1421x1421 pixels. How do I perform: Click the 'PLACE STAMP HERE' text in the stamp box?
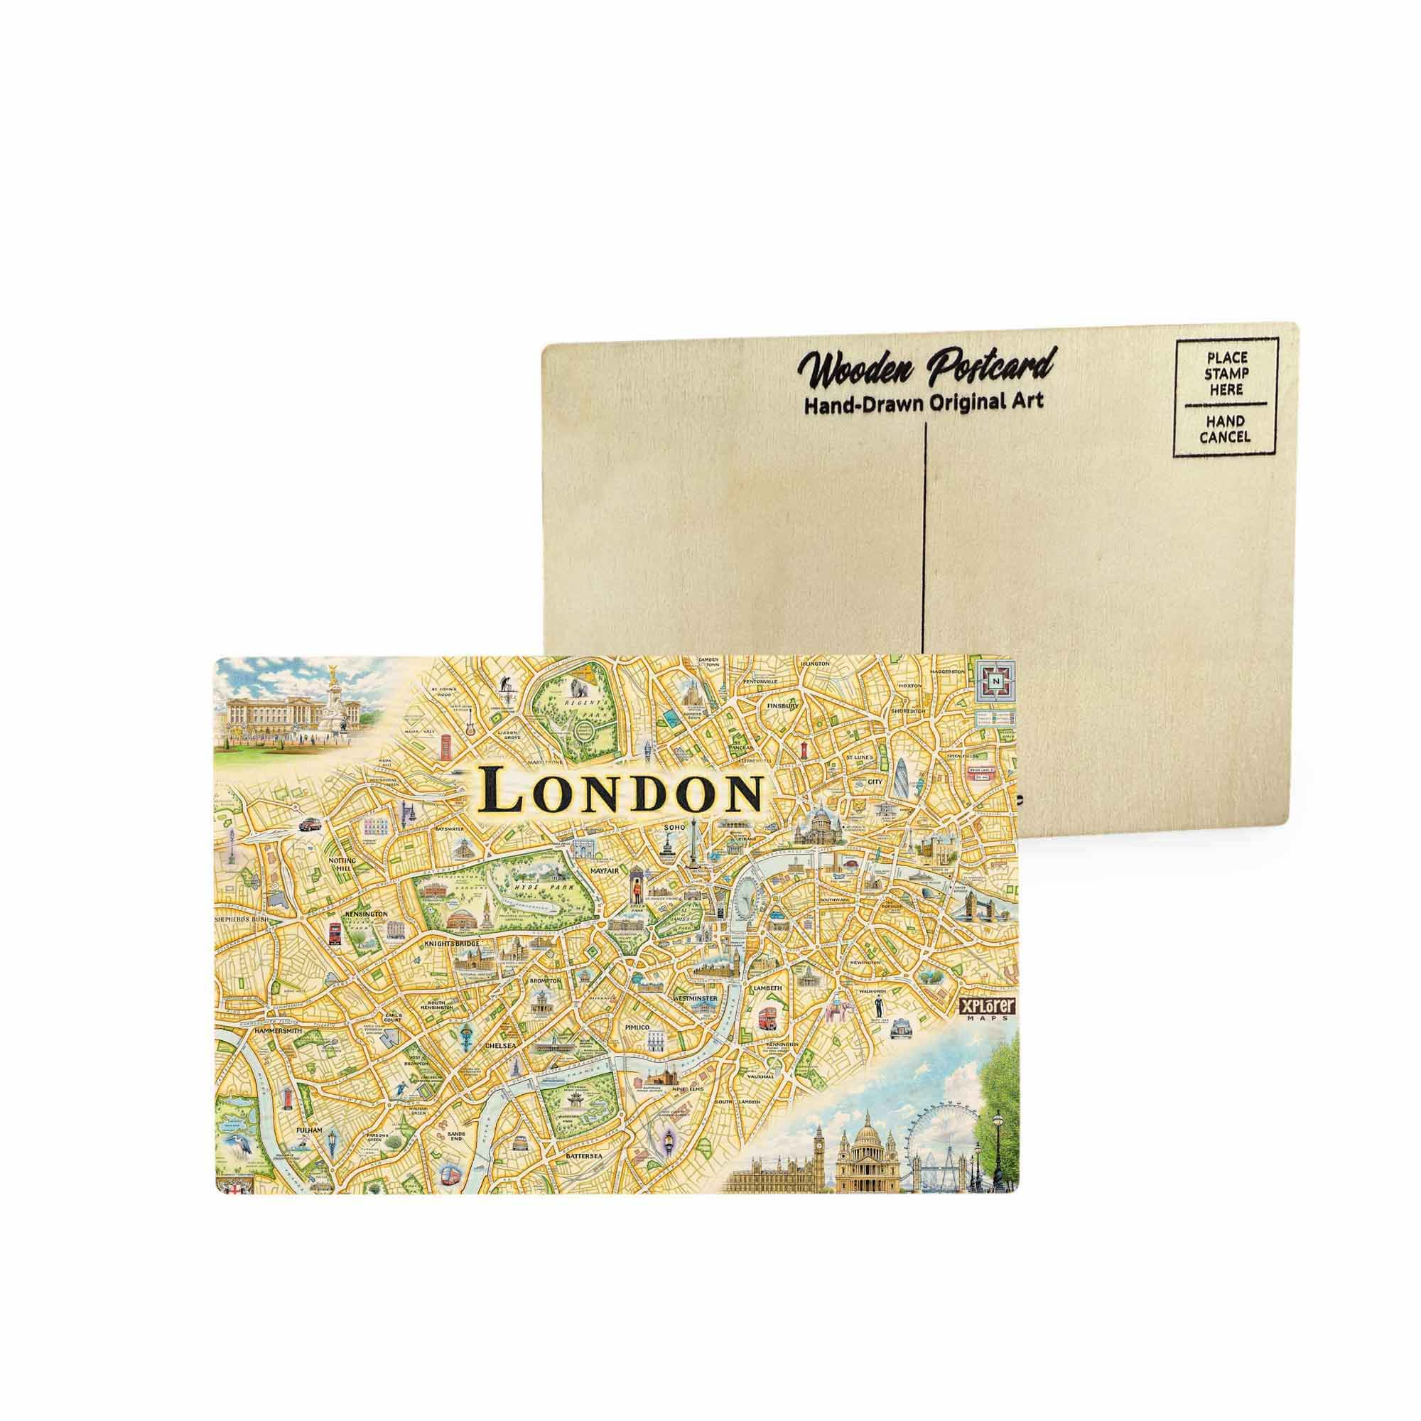[1224, 373]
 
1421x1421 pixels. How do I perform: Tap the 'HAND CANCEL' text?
[1225, 429]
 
